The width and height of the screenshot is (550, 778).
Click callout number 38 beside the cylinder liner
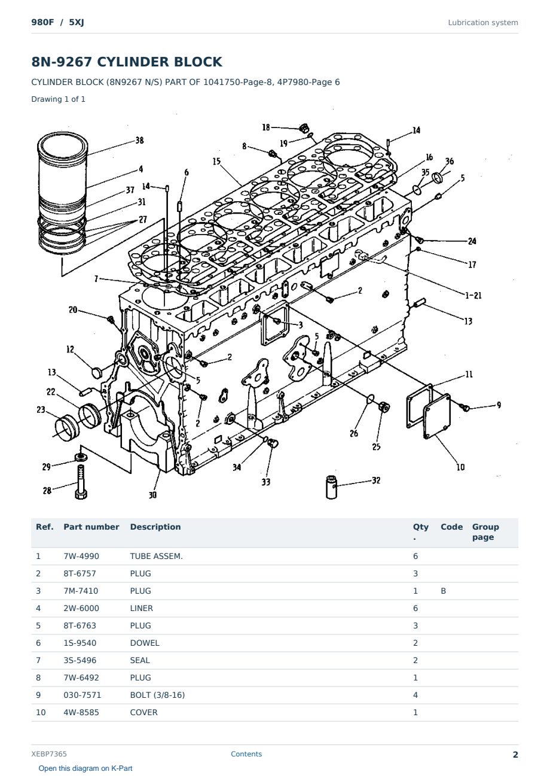(139, 140)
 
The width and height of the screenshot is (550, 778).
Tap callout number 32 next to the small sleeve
(376, 481)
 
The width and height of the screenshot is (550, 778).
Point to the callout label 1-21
(473, 296)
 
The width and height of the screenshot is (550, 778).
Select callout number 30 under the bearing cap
(152, 495)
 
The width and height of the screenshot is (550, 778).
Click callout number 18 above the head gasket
(266, 127)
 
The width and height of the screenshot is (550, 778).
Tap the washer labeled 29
(81, 457)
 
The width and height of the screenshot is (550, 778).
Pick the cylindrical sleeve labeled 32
(331, 488)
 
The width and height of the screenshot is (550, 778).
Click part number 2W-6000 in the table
(81, 608)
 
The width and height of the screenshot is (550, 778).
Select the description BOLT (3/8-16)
(157, 695)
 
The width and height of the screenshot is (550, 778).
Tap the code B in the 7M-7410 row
(443, 591)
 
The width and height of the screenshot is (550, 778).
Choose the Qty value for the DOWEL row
(415, 643)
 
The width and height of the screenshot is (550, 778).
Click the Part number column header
(91, 527)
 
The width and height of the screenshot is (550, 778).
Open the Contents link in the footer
(246, 754)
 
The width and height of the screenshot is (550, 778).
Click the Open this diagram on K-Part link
(85, 768)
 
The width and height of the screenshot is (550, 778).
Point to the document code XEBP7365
(49, 754)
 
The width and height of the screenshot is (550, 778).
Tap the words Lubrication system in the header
(483, 23)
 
